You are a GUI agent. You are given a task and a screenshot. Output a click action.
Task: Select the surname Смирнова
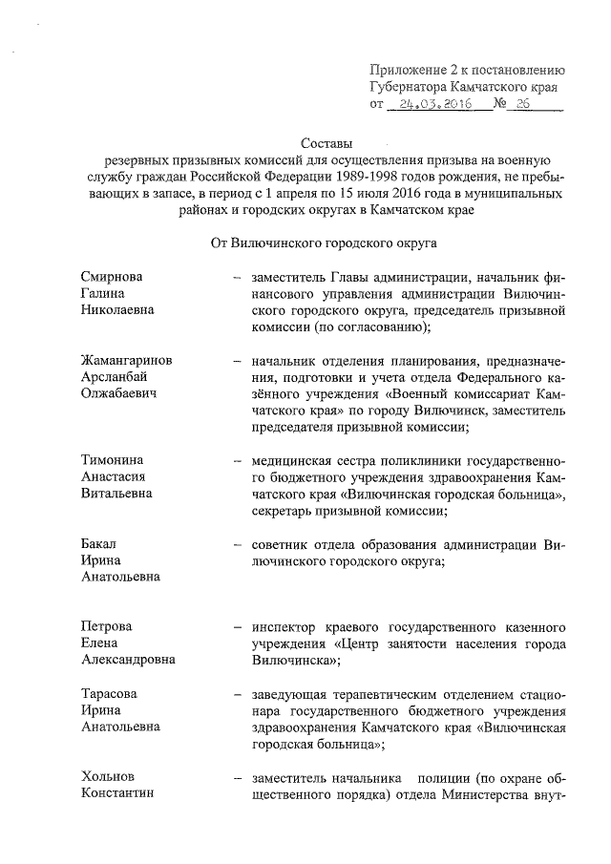coord(113,277)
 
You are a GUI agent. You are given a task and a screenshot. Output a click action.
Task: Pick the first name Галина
coord(105,293)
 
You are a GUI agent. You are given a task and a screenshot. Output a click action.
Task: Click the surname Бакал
coord(100,543)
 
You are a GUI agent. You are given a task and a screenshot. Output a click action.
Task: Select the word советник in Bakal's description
coord(282,544)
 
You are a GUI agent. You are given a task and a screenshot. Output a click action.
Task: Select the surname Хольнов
coord(108,778)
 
